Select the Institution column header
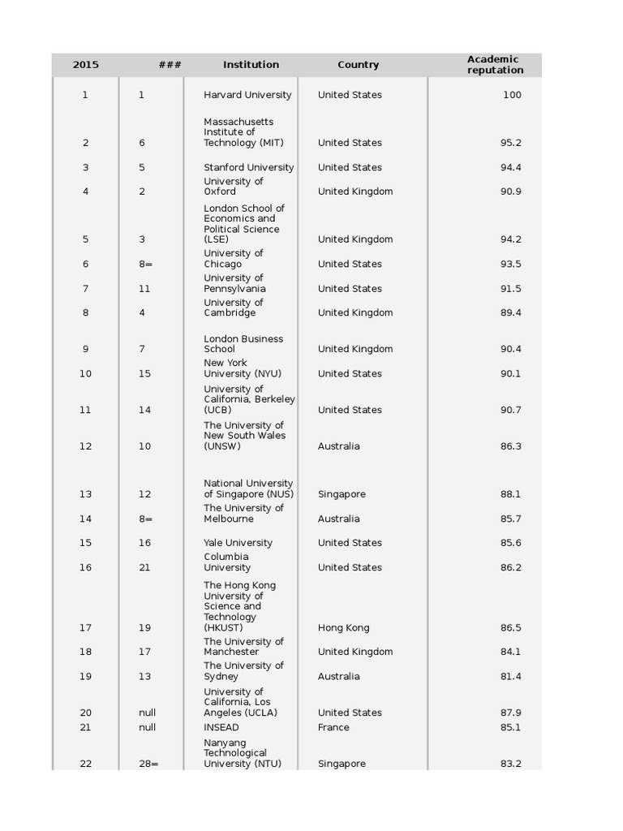(251, 65)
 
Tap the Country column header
(358, 65)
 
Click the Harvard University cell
(247, 95)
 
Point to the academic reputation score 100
(511, 95)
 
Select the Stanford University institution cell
(248, 168)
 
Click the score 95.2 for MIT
(510, 143)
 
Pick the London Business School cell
(243, 344)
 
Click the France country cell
(333, 728)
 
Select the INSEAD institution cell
(221, 728)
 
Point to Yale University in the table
(238, 543)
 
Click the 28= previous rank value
(148, 764)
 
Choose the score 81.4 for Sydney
(510, 677)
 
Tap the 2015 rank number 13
(86, 494)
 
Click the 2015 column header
(86, 65)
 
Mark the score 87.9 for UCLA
(510, 713)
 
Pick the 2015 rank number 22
(86, 764)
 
